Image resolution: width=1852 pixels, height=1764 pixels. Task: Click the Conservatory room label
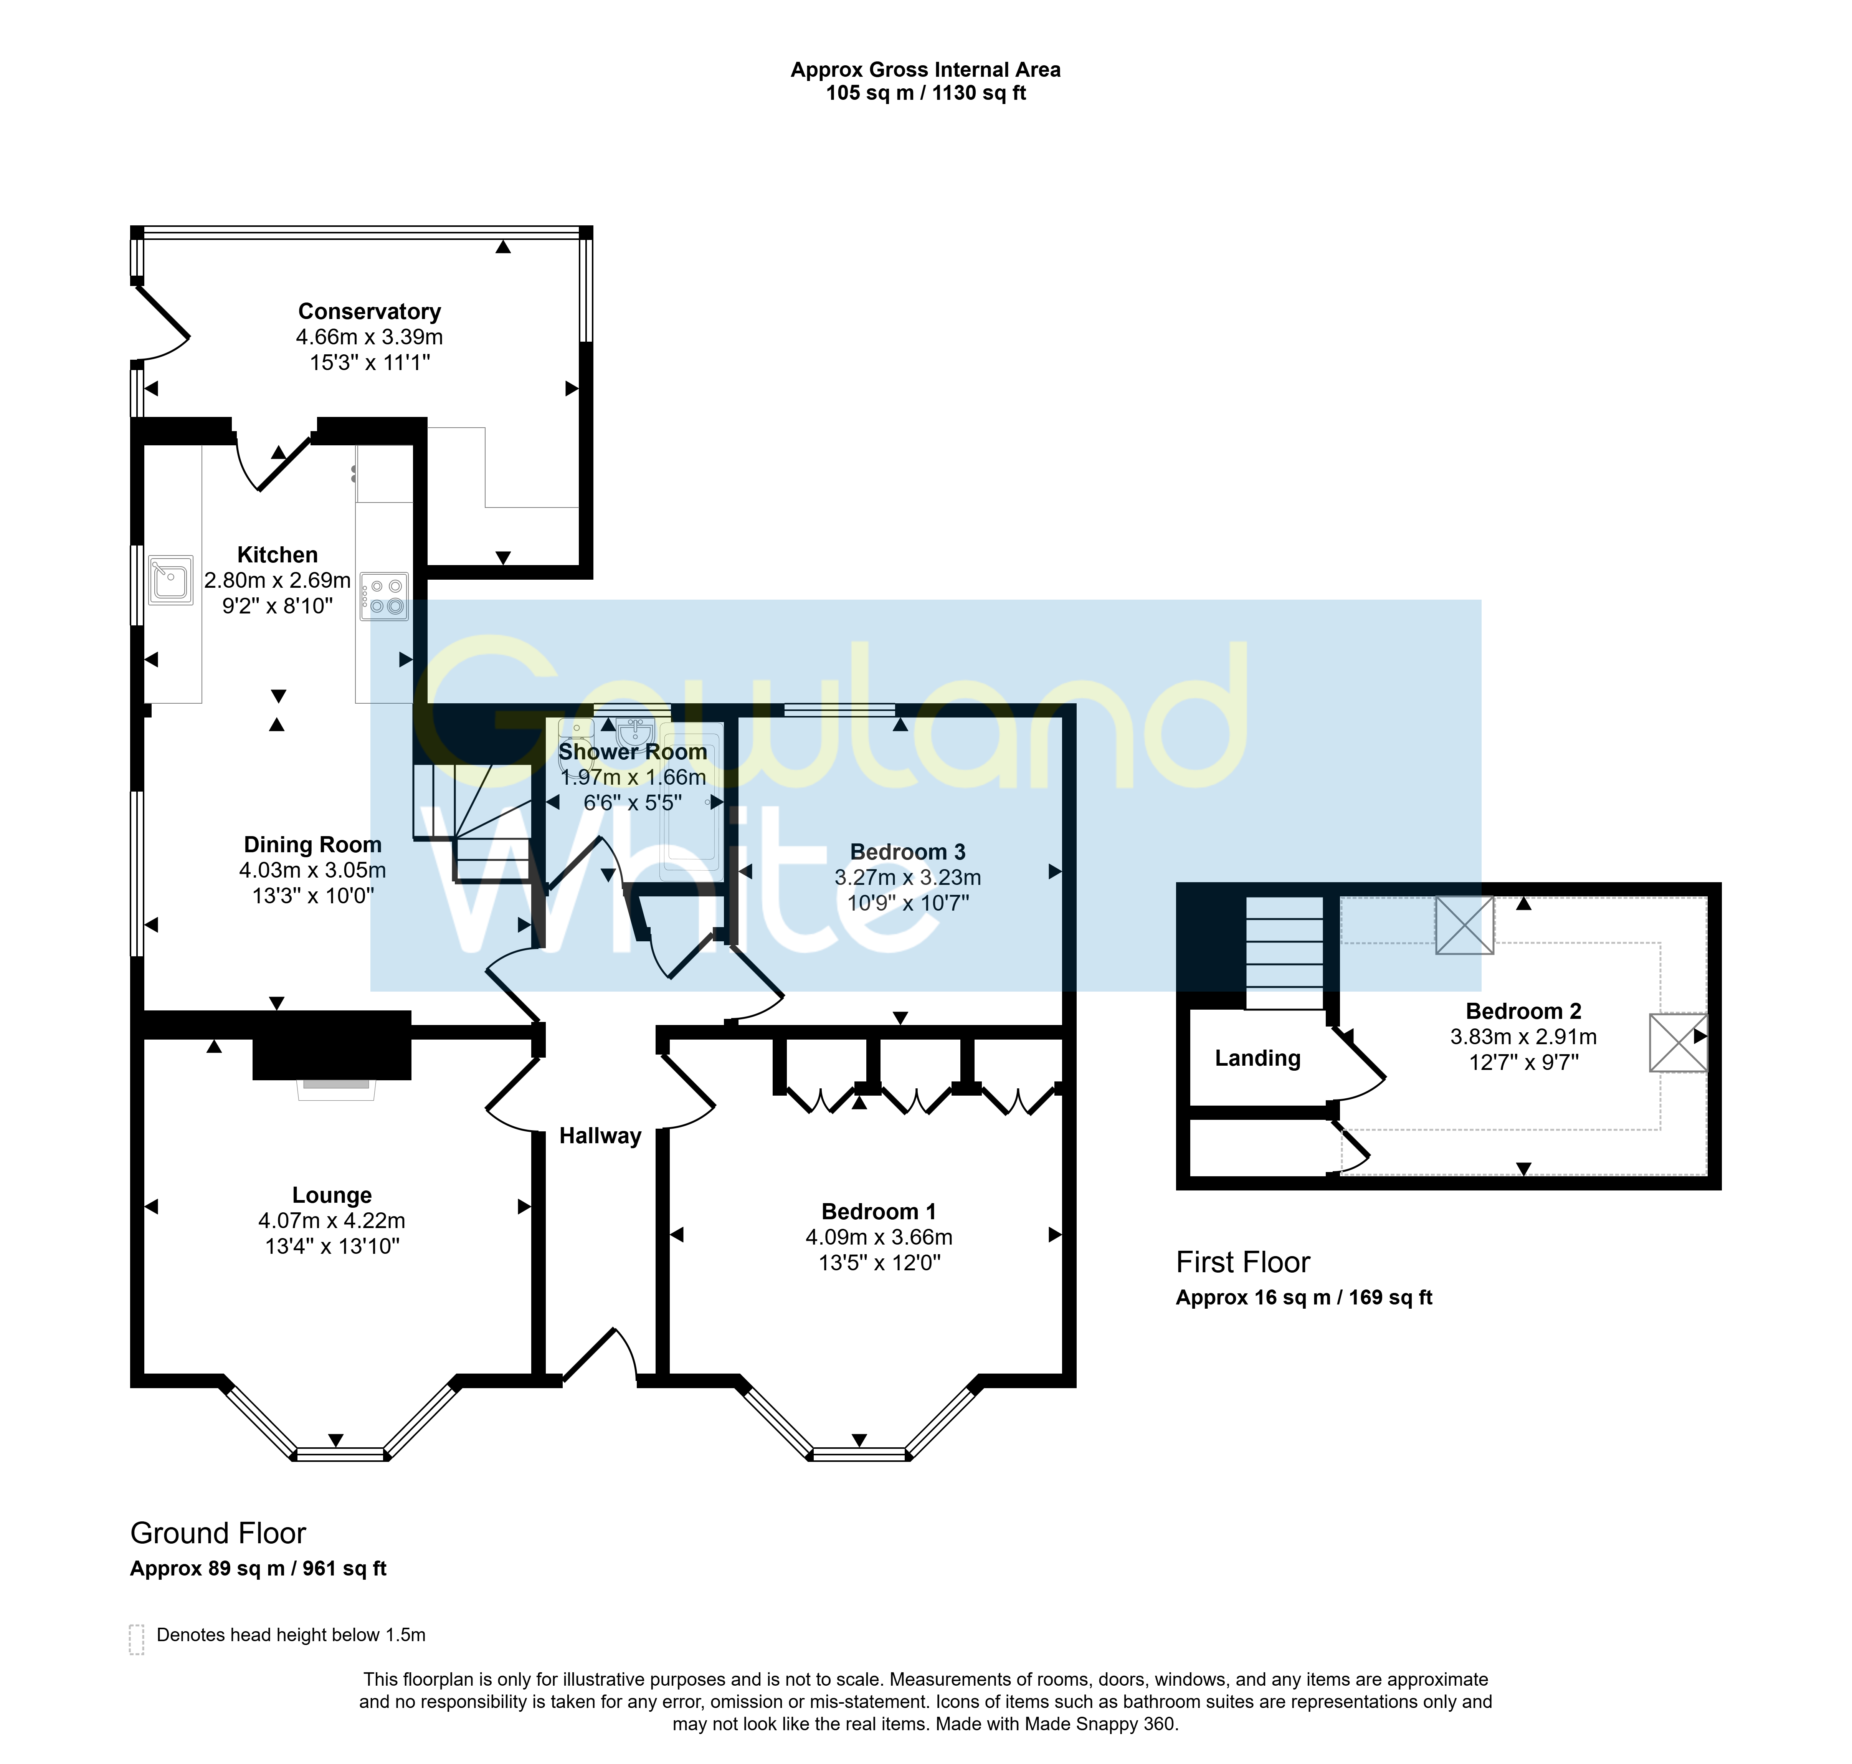click(x=370, y=311)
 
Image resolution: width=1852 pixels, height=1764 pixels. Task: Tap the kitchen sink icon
click(x=170, y=579)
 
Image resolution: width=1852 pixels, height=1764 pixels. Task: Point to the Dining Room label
click(x=312, y=845)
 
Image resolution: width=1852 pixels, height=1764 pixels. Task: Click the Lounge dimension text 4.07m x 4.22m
click(x=332, y=1220)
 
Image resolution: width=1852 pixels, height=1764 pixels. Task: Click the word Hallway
click(x=600, y=1136)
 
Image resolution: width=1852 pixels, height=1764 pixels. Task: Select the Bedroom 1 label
click(x=879, y=1211)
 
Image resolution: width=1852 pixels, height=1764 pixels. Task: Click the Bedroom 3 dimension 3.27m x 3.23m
click(x=908, y=877)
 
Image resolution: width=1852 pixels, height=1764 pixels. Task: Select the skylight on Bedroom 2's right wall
click(x=1678, y=1042)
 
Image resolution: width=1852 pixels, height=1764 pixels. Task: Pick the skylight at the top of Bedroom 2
click(x=1465, y=925)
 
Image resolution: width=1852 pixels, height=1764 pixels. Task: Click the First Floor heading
click(x=1243, y=1262)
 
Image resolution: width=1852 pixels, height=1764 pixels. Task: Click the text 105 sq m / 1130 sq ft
click(x=926, y=93)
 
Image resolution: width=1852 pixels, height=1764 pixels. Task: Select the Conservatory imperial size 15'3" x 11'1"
click(x=370, y=362)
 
